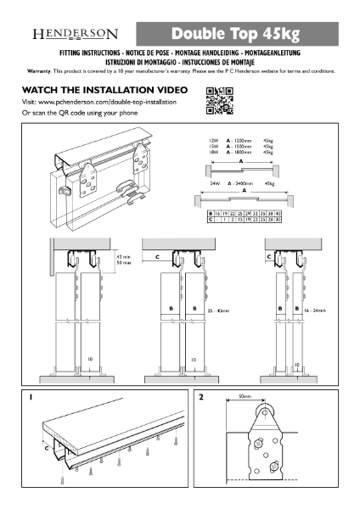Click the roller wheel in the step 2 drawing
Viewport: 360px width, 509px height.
coord(260,416)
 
